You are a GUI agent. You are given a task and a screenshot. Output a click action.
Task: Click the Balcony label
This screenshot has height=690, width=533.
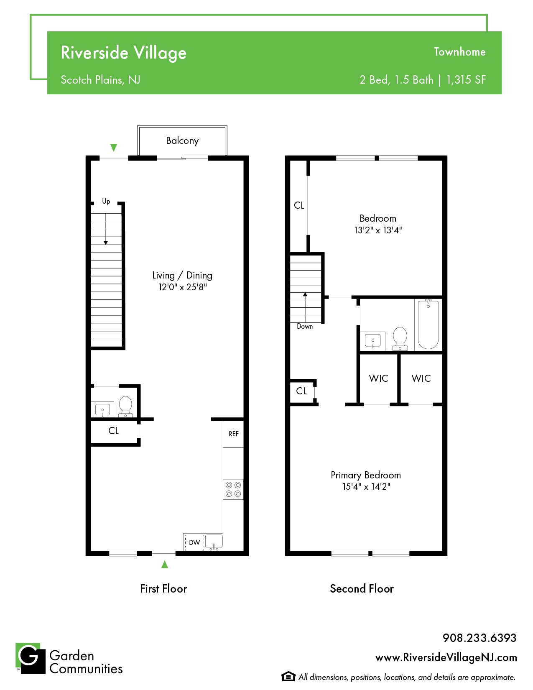pyautogui.click(x=182, y=141)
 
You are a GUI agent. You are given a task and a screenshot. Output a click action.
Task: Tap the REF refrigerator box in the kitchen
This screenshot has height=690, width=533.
pyautogui.click(x=233, y=434)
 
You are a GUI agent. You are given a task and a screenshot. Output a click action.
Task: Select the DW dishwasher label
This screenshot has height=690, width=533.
pyautogui.click(x=194, y=542)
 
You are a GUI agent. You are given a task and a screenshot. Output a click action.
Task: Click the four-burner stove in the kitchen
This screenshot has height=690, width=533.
pyautogui.click(x=233, y=489)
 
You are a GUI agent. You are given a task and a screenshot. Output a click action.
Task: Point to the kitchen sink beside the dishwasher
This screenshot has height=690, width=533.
pyautogui.click(x=214, y=542)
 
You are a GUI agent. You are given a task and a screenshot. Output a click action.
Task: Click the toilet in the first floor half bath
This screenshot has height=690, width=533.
pyautogui.click(x=126, y=406)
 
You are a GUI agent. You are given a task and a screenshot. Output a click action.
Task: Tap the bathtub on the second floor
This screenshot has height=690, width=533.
pyautogui.click(x=428, y=325)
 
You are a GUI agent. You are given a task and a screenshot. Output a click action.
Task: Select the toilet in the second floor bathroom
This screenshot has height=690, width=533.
pyautogui.click(x=400, y=338)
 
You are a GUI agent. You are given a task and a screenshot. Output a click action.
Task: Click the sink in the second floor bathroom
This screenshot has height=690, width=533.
pyautogui.click(x=373, y=341)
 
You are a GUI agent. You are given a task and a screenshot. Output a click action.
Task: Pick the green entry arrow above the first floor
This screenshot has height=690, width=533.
pyautogui.click(x=114, y=147)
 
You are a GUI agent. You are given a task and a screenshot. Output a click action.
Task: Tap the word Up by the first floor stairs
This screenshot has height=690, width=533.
pyautogui.click(x=106, y=201)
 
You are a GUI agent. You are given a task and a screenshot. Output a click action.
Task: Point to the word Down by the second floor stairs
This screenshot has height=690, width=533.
pyautogui.click(x=305, y=327)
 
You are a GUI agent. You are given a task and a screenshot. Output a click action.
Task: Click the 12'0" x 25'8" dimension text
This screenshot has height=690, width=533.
pyautogui.click(x=183, y=287)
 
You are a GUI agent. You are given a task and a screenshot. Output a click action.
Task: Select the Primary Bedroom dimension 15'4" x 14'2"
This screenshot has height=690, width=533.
pyautogui.click(x=366, y=486)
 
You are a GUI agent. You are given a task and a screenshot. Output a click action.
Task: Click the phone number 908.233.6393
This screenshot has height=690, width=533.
pyautogui.click(x=479, y=638)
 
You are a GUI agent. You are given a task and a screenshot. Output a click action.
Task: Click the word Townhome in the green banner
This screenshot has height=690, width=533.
pyautogui.click(x=460, y=52)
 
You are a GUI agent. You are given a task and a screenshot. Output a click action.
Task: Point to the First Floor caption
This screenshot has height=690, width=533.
pyautogui.click(x=163, y=589)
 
